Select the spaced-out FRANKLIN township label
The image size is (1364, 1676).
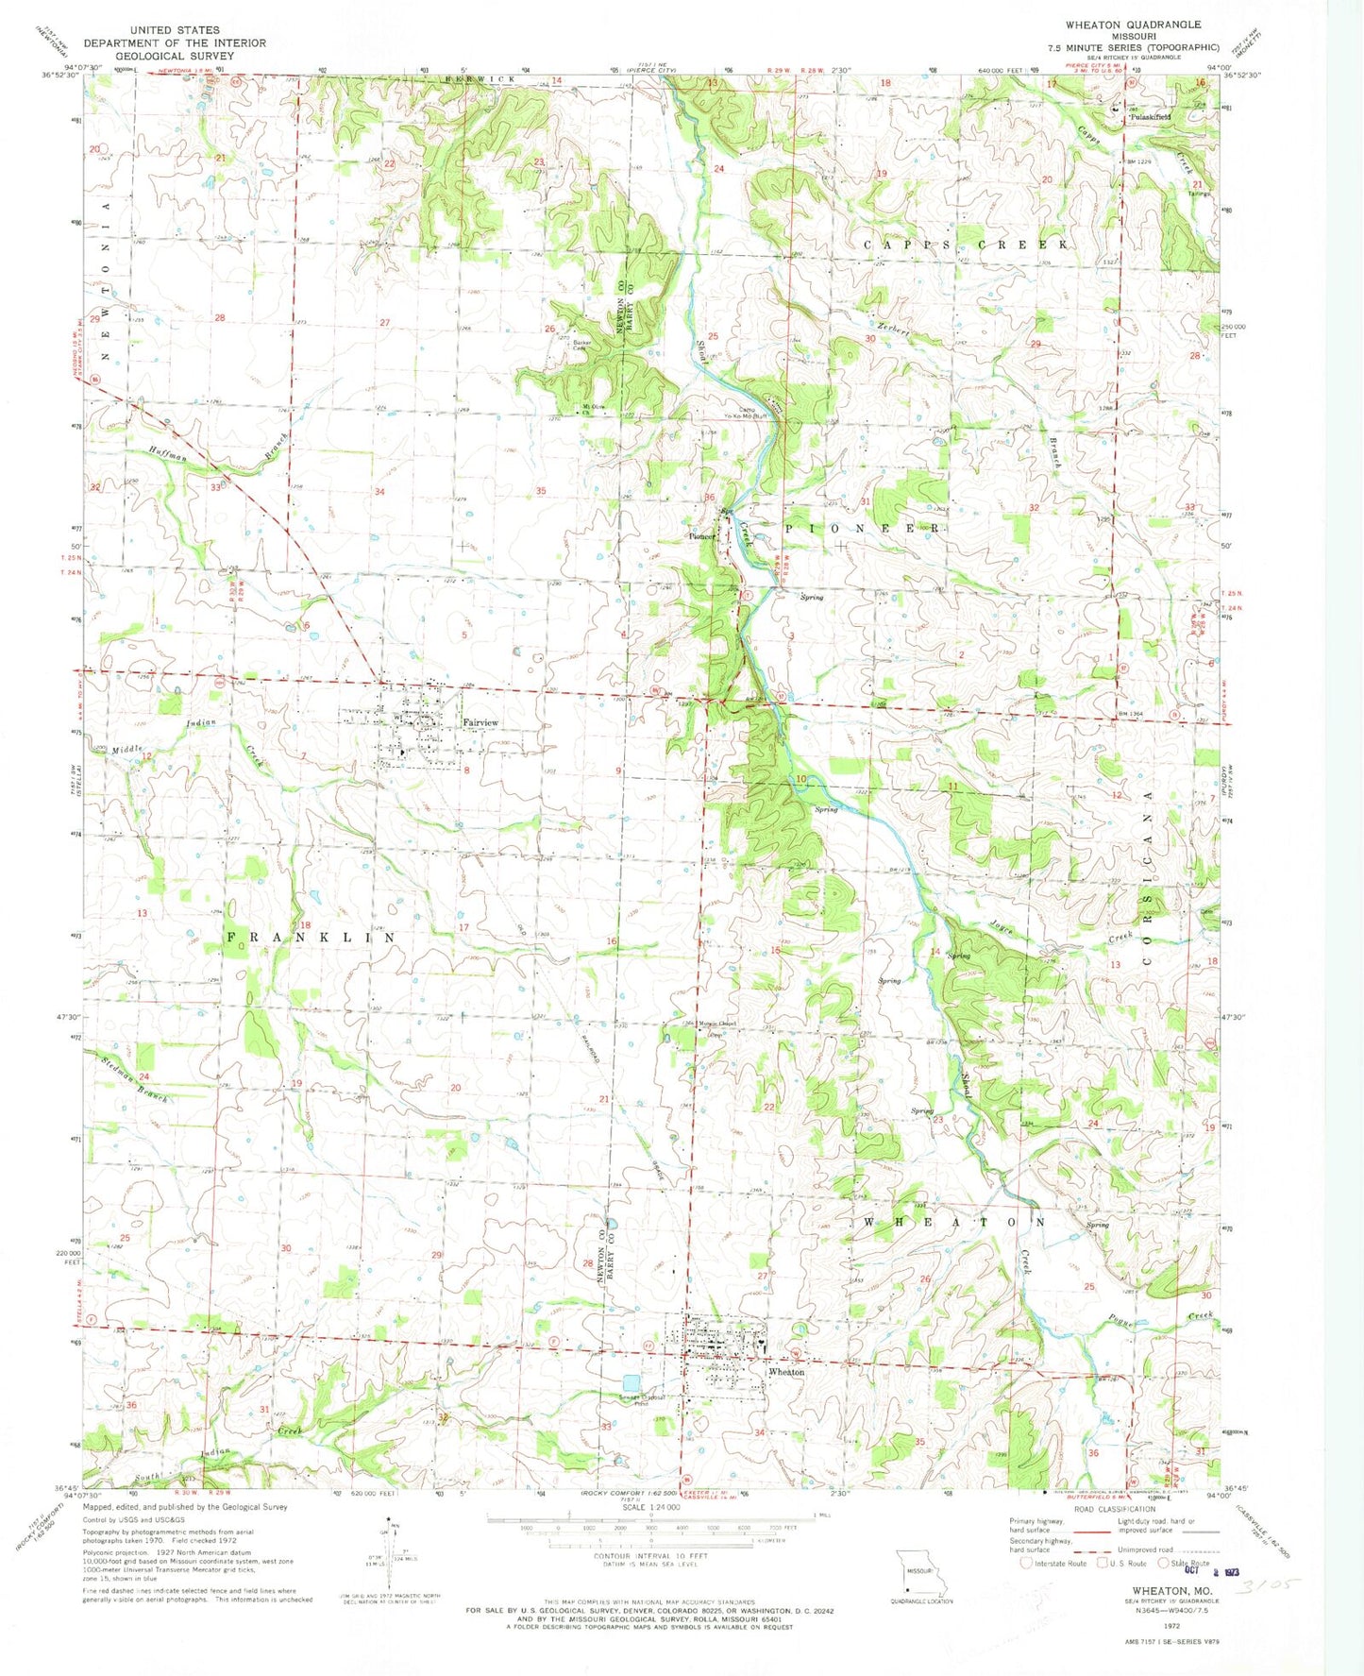click(x=311, y=937)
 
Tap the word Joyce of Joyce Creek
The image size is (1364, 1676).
click(x=1002, y=929)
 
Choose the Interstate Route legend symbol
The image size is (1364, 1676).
click(x=1026, y=1564)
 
